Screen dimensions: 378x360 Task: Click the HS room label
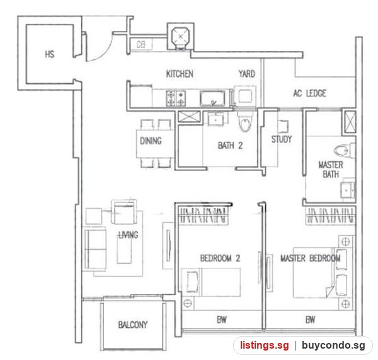[x=50, y=54]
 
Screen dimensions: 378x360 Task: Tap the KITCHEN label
[x=180, y=74]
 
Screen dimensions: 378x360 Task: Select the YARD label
[x=247, y=74]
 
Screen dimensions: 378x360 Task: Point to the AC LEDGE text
[x=309, y=93]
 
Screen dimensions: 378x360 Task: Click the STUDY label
[x=282, y=139]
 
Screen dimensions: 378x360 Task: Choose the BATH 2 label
[x=230, y=146]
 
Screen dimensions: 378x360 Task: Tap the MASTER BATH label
[x=331, y=170]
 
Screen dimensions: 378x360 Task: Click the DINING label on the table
[x=151, y=141]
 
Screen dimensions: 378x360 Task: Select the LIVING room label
[x=129, y=235]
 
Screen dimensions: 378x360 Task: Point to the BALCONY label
[x=133, y=325]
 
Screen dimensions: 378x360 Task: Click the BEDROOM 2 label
[x=220, y=258]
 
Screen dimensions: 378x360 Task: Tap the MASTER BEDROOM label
[x=311, y=258]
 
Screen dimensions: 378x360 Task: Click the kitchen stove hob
[x=176, y=98]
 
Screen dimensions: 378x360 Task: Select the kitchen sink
[x=212, y=98]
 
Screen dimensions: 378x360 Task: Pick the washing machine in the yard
[x=245, y=96]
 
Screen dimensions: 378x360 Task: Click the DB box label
[x=140, y=44]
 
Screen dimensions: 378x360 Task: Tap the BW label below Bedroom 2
[x=222, y=320]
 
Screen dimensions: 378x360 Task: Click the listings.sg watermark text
[x=264, y=345]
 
